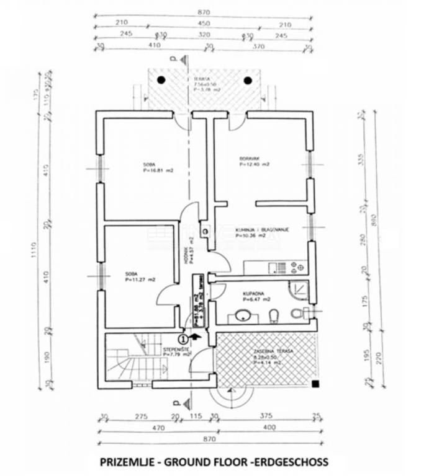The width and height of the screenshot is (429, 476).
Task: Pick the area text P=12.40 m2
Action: click(x=255, y=165)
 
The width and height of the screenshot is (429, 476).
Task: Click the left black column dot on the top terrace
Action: click(x=161, y=80)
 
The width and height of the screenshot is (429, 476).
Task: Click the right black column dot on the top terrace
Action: click(x=248, y=80)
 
